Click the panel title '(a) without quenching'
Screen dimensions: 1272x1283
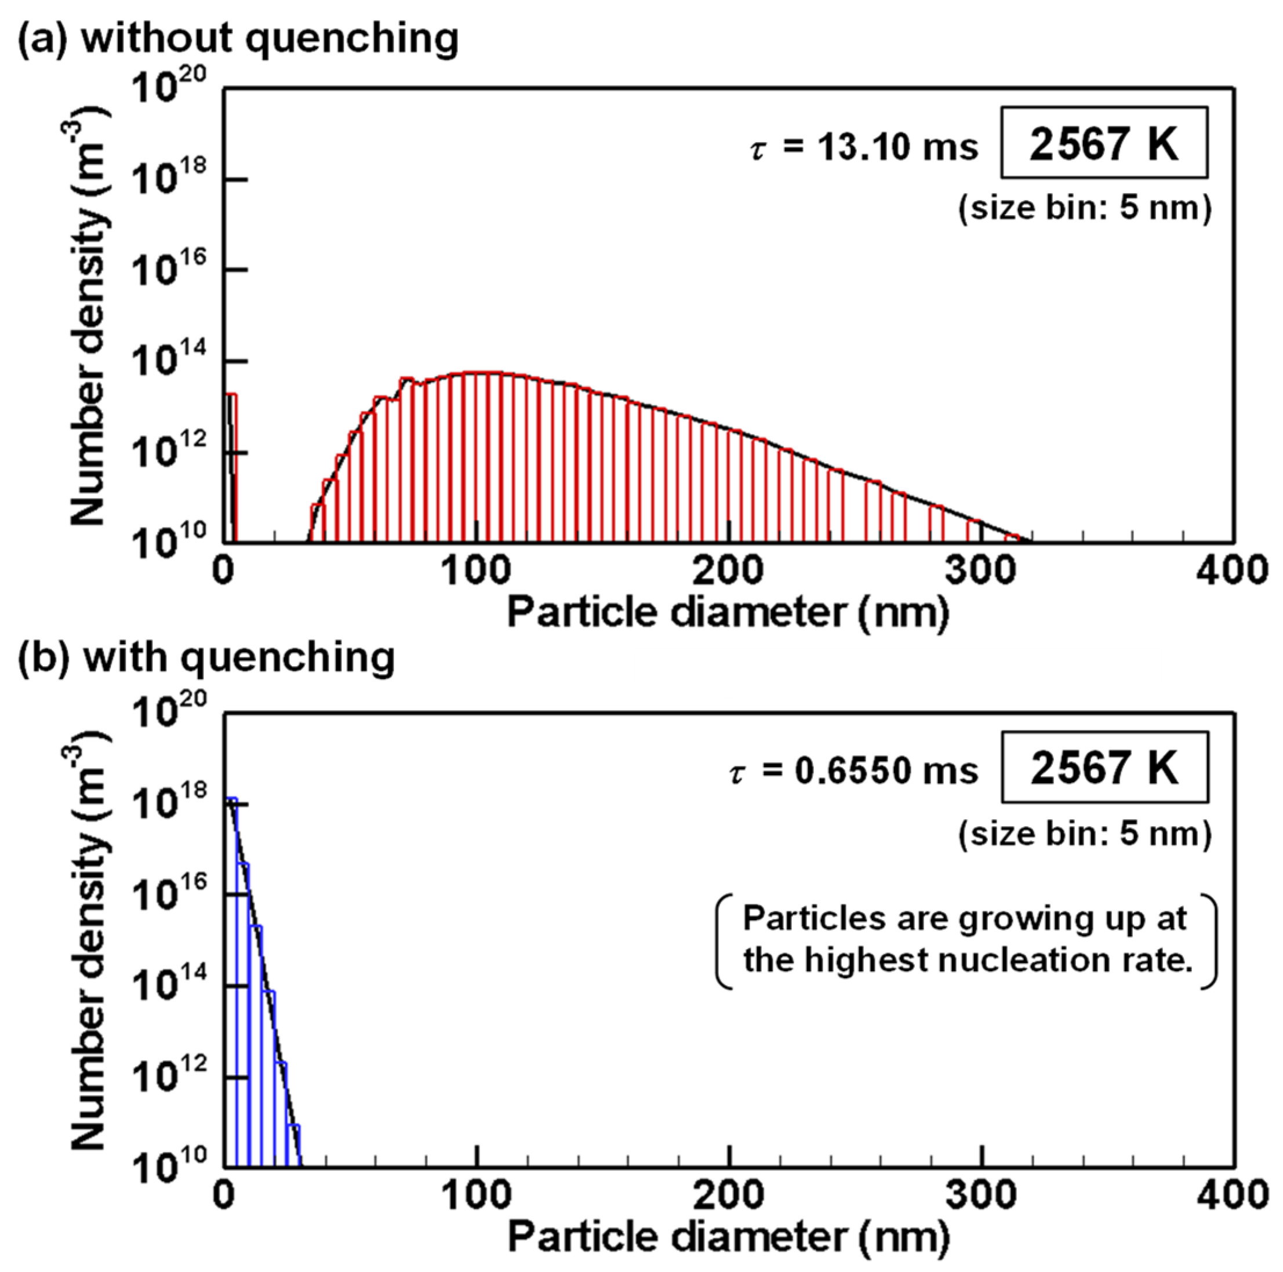click(x=237, y=38)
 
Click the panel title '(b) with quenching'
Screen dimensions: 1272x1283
click(x=206, y=658)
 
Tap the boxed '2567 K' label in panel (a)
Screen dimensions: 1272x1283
click(x=1104, y=143)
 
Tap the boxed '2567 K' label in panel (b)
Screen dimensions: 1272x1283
click(x=1104, y=767)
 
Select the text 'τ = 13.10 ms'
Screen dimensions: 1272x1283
click(x=864, y=147)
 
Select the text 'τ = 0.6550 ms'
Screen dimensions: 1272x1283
click(x=853, y=771)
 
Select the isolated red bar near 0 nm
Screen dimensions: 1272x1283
click(x=232, y=465)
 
